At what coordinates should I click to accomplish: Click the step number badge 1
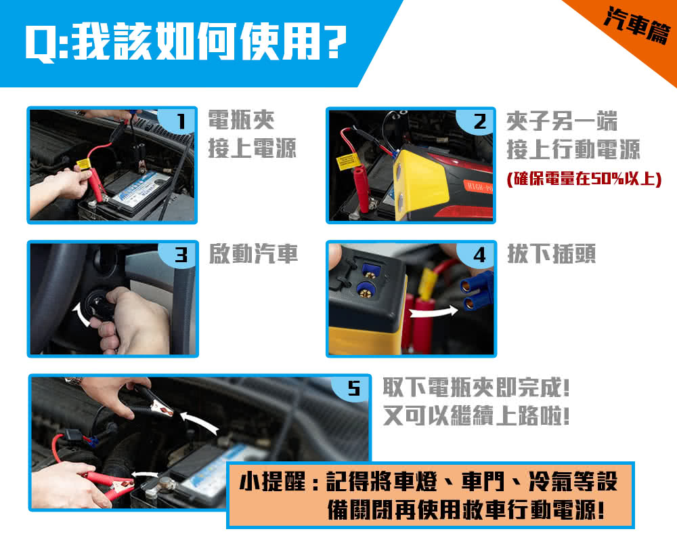click(x=179, y=122)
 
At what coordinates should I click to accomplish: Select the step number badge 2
click(x=479, y=122)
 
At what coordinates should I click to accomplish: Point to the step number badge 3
click(x=180, y=255)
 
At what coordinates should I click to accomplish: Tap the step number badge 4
click(x=479, y=255)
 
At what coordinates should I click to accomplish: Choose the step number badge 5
click(x=353, y=388)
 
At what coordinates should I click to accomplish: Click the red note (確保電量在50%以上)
click(x=584, y=179)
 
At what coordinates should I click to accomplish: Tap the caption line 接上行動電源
click(x=573, y=150)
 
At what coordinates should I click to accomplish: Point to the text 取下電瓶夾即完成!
click(x=476, y=388)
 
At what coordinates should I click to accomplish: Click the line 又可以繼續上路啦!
click(x=476, y=416)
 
